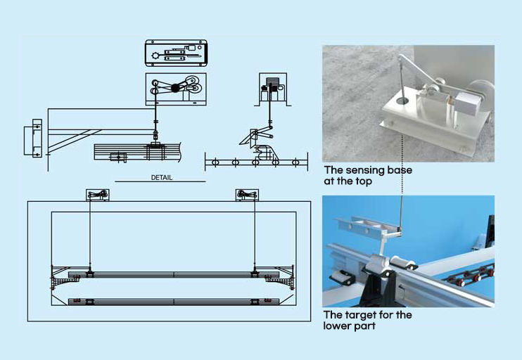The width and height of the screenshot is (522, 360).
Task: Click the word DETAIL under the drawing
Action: (x=161, y=177)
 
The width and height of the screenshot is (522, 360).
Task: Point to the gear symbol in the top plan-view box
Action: (x=155, y=55)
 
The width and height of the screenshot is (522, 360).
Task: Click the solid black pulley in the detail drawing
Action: (x=176, y=87)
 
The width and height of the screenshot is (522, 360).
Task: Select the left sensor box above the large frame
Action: (x=97, y=195)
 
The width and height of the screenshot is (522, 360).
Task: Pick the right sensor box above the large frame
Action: (x=247, y=195)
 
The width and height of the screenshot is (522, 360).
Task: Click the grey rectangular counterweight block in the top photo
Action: (x=467, y=103)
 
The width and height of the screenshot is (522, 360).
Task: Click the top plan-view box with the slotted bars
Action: (x=175, y=52)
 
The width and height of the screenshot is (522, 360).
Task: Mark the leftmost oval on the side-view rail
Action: (x=215, y=163)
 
